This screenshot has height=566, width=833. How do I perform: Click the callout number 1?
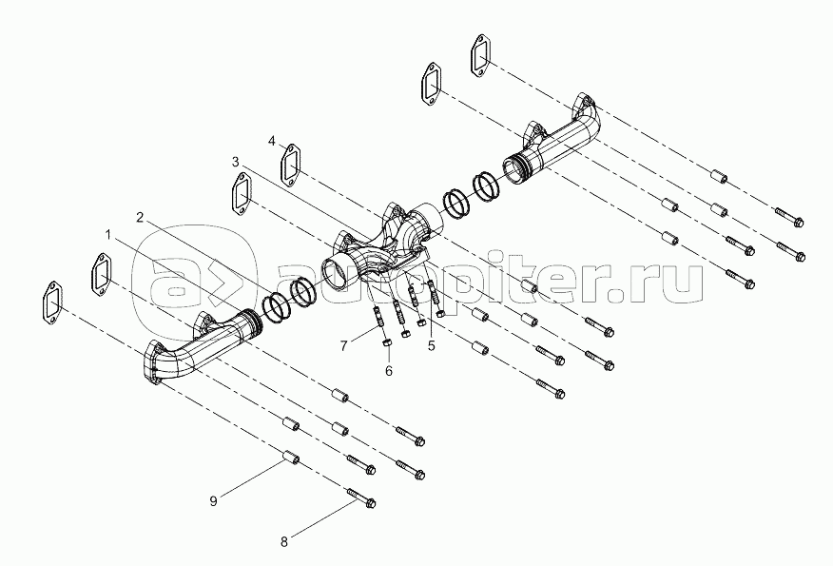pos(108,233)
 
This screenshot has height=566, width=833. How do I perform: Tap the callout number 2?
pos(140,218)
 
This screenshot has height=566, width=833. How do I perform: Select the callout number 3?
pos(236,162)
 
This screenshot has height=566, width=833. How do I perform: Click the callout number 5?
pos(431,344)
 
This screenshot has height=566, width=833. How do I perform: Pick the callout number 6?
pos(388,370)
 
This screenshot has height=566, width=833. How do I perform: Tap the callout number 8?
pos(282,542)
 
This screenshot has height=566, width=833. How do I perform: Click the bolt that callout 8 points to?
pos(359,498)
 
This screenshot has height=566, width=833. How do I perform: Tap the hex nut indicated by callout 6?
pos(384,338)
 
